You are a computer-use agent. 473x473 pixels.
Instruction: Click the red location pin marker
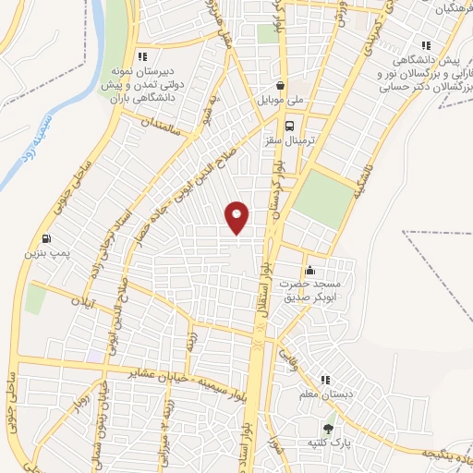(237, 218)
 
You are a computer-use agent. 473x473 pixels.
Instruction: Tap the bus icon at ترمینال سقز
(290, 126)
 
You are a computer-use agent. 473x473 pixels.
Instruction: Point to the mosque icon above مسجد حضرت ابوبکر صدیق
(309, 270)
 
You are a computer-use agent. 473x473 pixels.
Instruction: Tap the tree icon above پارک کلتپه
(328, 428)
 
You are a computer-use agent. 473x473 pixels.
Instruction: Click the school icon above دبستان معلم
(324, 380)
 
